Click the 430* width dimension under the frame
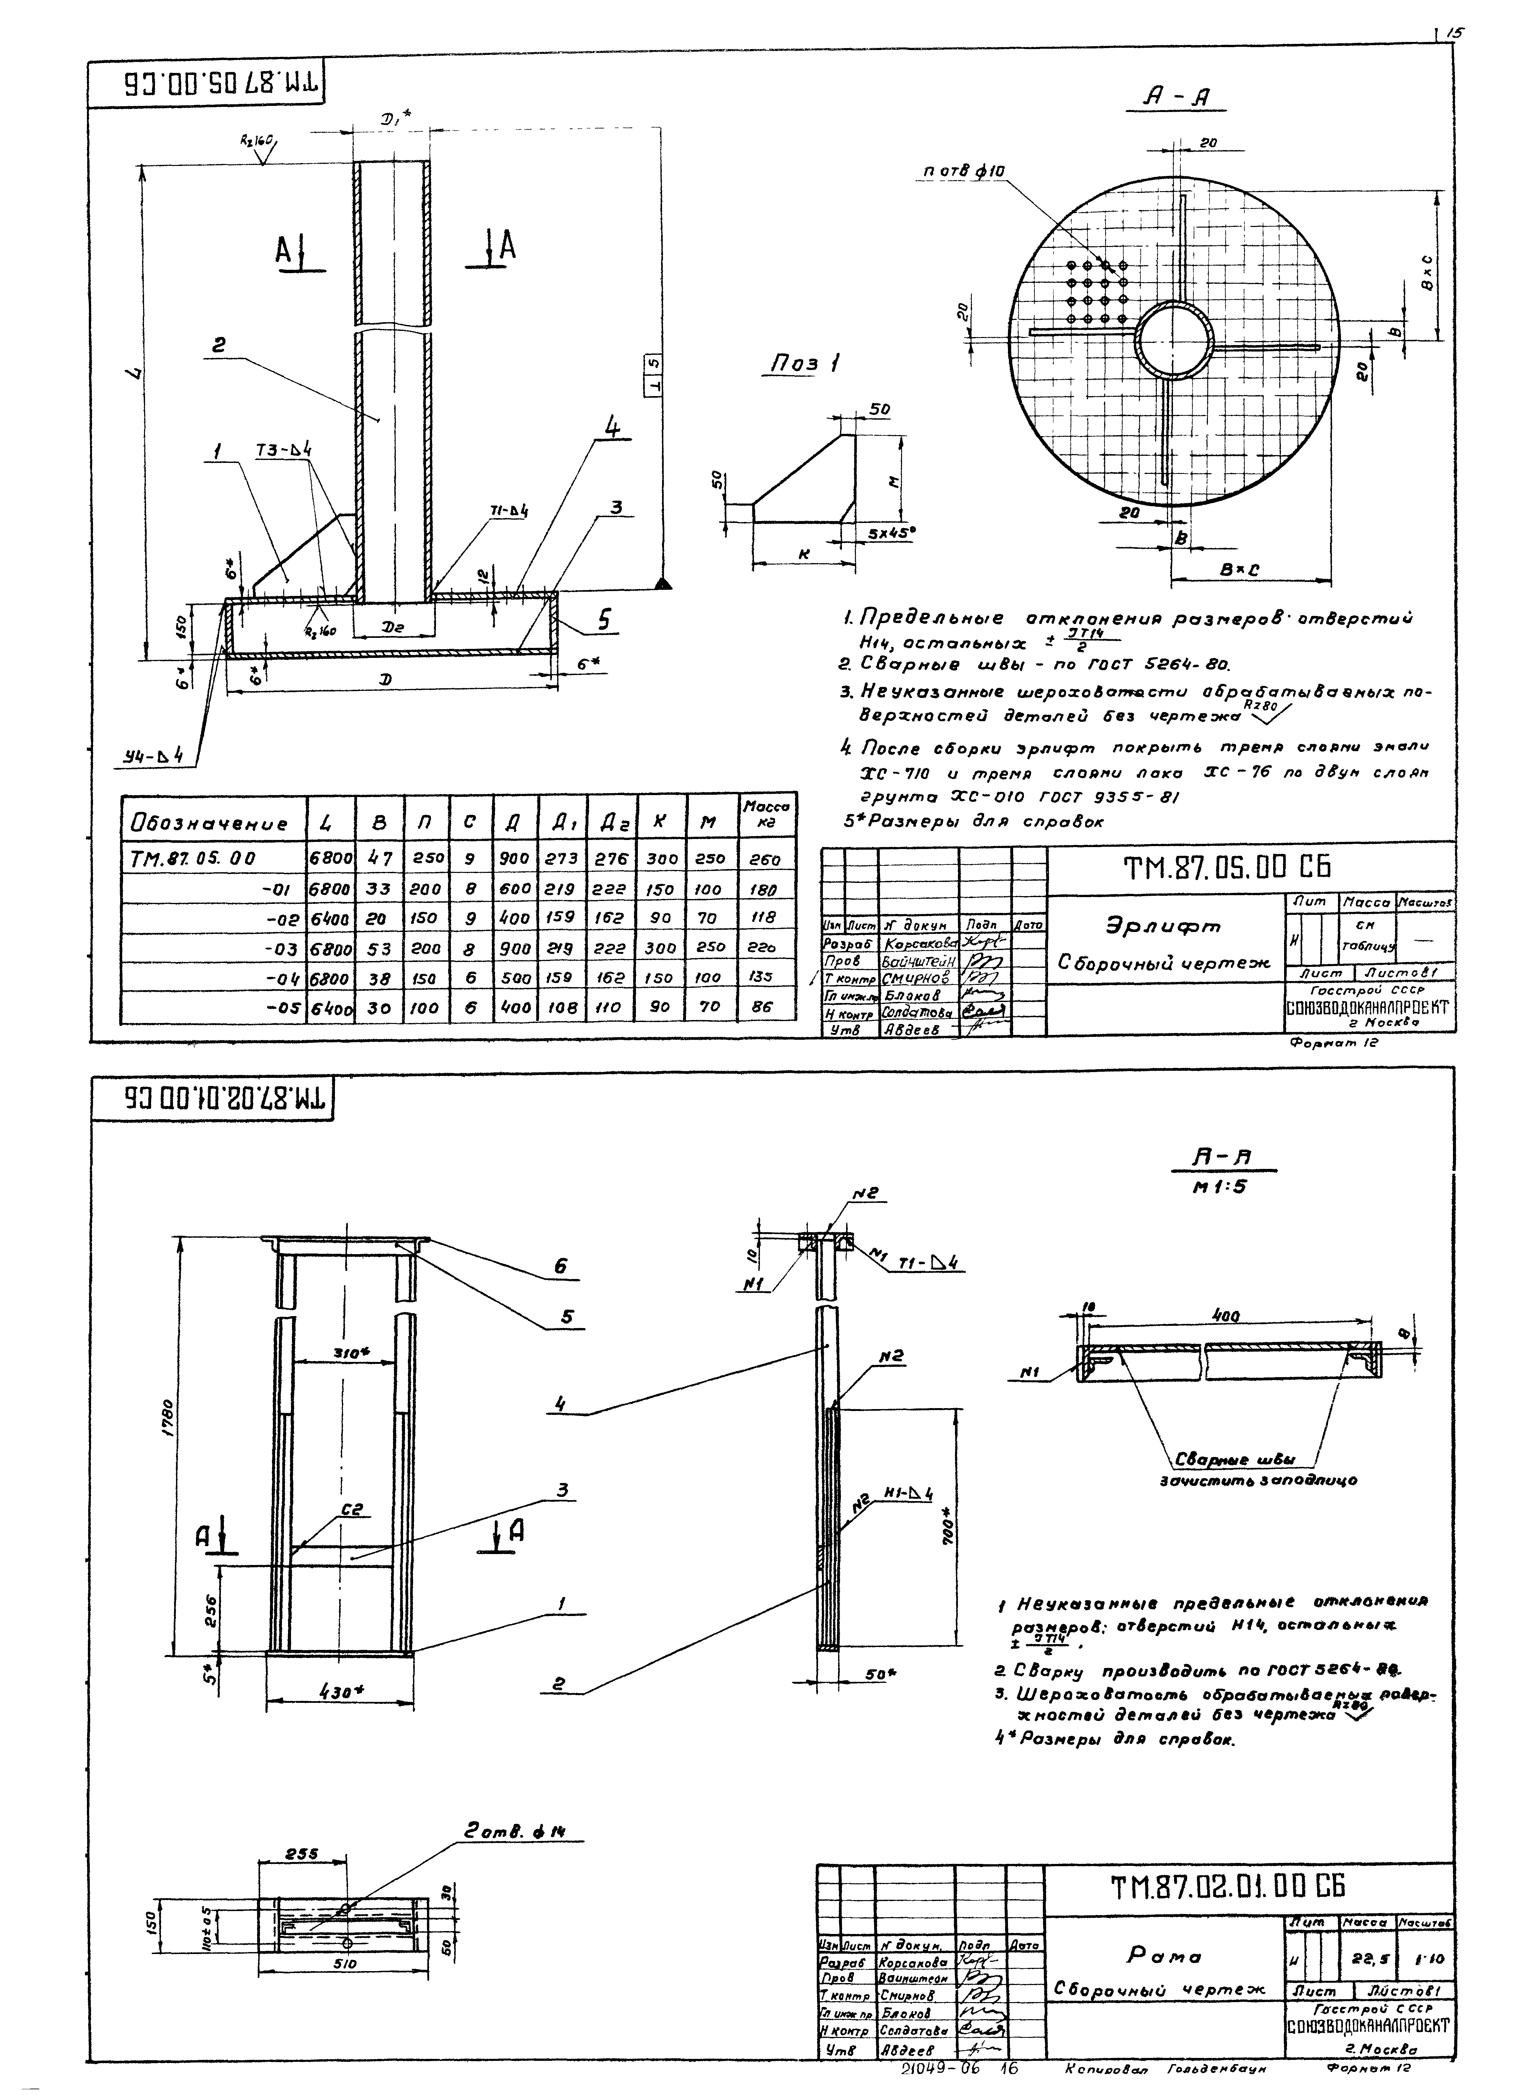[x=340, y=1691]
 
